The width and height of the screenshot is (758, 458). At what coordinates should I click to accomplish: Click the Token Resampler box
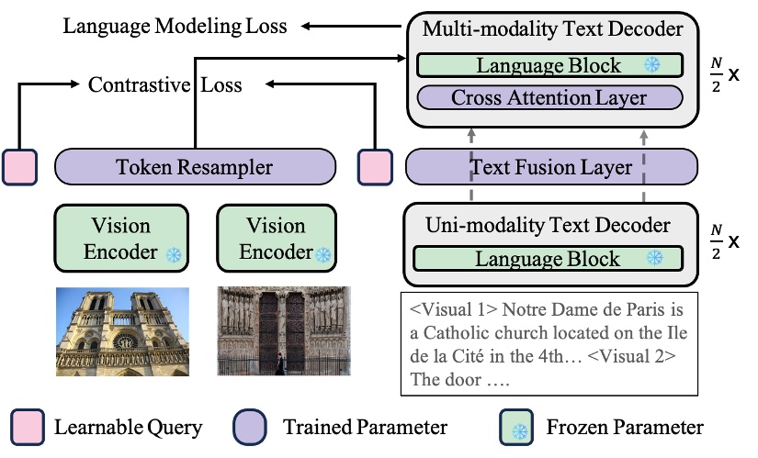click(x=194, y=167)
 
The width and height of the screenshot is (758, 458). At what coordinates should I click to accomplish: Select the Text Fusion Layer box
click(x=551, y=167)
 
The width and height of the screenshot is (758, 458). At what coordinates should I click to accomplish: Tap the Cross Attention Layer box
click(x=549, y=97)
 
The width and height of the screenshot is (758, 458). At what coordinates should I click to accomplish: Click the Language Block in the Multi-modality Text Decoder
click(x=549, y=65)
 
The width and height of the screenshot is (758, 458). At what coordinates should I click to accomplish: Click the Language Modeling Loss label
click(x=175, y=26)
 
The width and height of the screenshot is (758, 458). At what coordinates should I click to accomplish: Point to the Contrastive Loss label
click(x=165, y=85)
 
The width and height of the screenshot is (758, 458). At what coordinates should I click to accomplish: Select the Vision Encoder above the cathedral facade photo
click(x=121, y=238)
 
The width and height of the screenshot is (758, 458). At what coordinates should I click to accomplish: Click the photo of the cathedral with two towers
click(x=122, y=332)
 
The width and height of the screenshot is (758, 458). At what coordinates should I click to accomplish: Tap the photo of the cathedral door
click(x=283, y=332)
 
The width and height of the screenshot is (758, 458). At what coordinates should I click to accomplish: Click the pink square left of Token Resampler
click(x=19, y=167)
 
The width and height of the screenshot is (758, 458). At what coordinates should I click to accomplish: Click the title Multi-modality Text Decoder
click(x=552, y=29)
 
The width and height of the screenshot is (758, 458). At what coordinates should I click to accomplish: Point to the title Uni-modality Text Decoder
click(x=549, y=225)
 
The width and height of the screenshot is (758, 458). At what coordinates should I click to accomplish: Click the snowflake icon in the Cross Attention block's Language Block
click(x=652, y=65)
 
